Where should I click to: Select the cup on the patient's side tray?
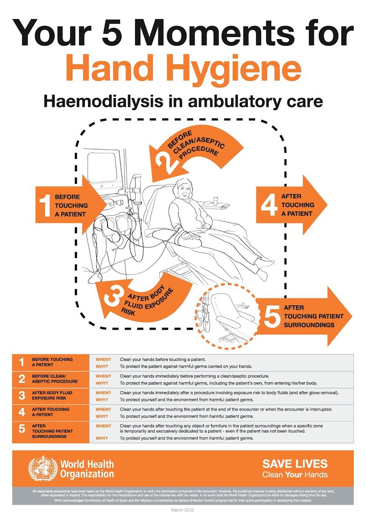[x=216, y=200]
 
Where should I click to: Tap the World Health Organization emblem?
[x=43, y=468]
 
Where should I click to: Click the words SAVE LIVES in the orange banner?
[x=294, y=464]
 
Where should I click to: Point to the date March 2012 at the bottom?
[x=182, y=511]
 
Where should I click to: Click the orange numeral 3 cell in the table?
[x=21, y=395]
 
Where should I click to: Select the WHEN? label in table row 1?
[x=103, y=360]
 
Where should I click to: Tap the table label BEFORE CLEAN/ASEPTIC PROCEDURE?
[x=55, y=379]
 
